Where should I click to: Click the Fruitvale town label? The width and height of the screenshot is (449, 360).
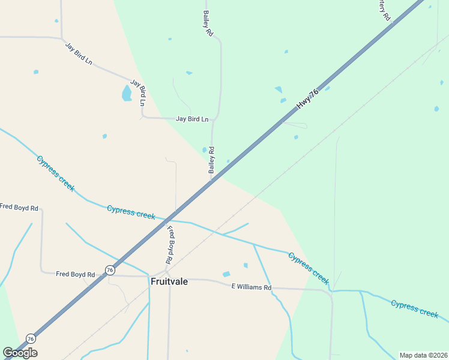pos(169,281)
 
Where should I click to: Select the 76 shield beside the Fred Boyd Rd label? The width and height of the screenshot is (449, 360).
pos(109,271)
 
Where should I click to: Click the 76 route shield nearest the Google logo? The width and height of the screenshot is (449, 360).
pos(31,339)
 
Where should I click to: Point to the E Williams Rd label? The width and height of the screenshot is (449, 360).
pos(252,287)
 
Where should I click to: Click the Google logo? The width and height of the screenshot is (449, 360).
pos(20,353)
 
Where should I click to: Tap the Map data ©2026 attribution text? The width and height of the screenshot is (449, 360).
pos(423,355)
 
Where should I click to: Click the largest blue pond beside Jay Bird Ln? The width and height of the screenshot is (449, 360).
pos(127,93)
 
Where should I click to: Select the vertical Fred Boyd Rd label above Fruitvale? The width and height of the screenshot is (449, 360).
pos(171,245)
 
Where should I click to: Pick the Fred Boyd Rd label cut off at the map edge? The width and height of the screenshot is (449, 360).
pos(19,208)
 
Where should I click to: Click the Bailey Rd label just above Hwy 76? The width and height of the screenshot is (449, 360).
pos(211,160)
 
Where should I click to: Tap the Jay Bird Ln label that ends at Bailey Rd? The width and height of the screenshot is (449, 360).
pos(192,119)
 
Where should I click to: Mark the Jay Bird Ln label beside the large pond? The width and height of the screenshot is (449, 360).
pos(138,93)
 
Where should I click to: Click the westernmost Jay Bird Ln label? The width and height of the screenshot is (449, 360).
pos(79,53)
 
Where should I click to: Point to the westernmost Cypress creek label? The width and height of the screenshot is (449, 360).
pos(56,173)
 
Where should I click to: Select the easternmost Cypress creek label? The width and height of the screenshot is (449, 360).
pos(415,308)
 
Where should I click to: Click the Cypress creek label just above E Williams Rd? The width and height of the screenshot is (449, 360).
pos(309,268)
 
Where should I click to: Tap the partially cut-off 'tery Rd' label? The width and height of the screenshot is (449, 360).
pos(385,10)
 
